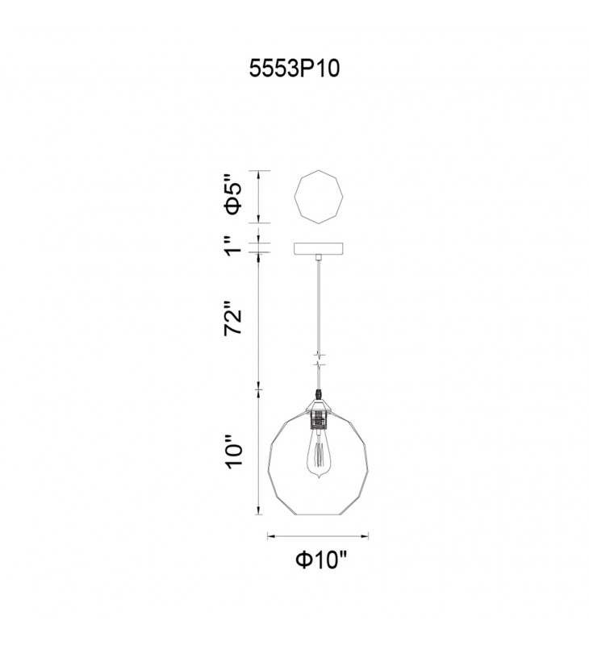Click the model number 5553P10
[294, 69]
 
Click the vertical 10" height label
[234, 451]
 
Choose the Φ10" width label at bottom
[321, 560]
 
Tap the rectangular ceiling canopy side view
[319, 249]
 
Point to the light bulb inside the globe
[318, 454]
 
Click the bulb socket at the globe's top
[318, 418]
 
